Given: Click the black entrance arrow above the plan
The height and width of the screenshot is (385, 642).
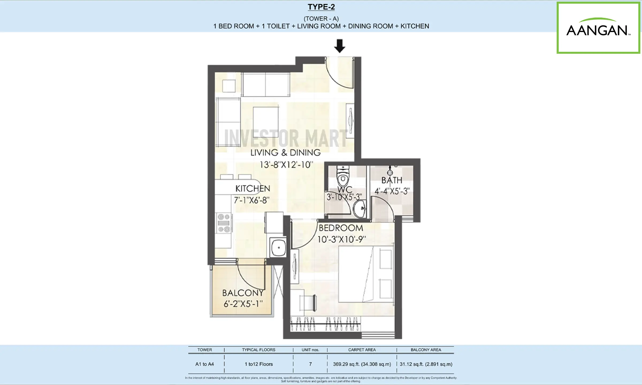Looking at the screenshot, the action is [340, 46].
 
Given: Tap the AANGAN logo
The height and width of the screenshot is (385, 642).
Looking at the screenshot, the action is [598, 28].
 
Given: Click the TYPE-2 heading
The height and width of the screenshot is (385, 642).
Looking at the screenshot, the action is [321, 7].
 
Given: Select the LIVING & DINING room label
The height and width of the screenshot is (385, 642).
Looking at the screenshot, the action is [285, 153].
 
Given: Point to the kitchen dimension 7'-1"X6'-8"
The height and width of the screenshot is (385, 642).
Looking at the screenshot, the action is [251, 200].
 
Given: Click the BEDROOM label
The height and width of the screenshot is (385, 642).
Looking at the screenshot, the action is [341, 228].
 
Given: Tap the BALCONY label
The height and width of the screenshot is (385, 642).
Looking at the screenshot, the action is [243, 293].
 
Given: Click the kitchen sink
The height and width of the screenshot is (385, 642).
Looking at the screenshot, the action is [278, 248].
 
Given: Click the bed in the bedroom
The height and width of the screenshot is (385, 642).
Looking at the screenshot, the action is [366, 274].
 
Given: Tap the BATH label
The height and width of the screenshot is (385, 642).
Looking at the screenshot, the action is [392, 180].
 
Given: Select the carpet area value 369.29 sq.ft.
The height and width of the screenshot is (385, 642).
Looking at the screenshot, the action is [362, 364].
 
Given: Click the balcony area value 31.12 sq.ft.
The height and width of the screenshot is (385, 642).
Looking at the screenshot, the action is [426, 364].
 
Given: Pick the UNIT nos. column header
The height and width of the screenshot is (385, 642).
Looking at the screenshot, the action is [310, 350].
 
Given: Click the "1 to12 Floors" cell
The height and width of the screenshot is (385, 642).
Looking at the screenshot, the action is [259, 364].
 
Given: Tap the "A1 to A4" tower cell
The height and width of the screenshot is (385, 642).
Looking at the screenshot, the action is [205, 364].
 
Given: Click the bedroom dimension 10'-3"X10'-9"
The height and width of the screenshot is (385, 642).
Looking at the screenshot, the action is [341, 239].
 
